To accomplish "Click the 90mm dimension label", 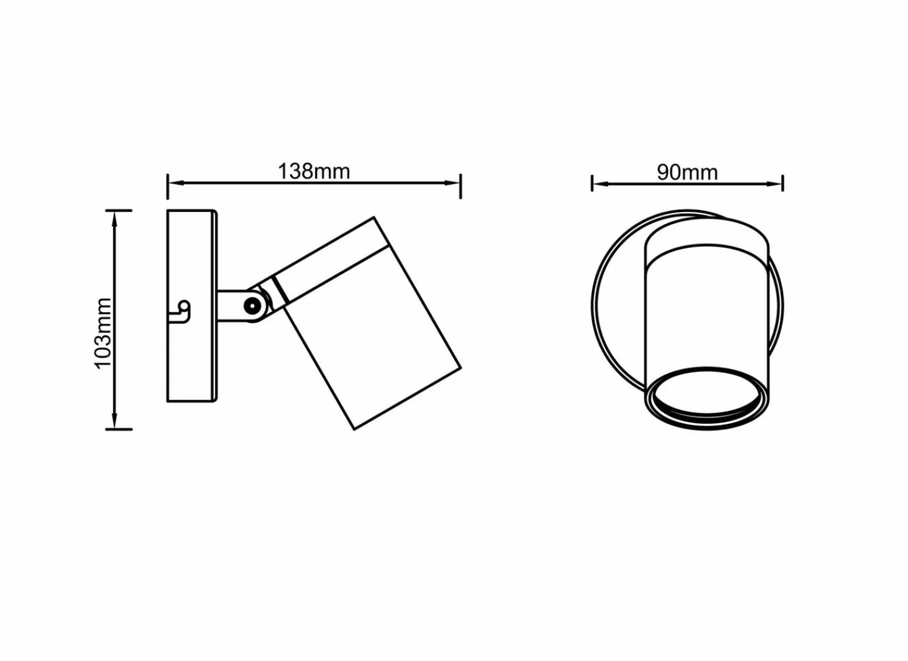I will pos(687,172).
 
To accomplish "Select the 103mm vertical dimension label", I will pos(103,333).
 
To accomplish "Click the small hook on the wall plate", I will pos(183,310).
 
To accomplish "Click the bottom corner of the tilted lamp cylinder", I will pos(355,429).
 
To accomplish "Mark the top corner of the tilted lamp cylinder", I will pos(375,218).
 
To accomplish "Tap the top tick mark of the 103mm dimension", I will pos(119,209).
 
